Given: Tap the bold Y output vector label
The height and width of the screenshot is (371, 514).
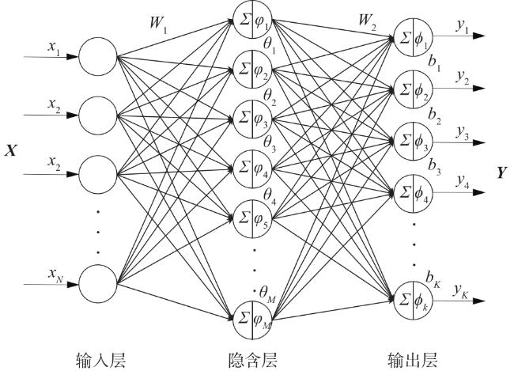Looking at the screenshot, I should (x=501, y=172).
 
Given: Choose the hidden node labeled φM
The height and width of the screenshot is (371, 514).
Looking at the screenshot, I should (x=254, y=319).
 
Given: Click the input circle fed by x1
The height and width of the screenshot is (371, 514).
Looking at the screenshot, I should (x=97, y=57).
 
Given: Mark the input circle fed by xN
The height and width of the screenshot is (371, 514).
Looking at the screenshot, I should (x=97, y=282).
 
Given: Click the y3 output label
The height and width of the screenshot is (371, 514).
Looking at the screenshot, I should (x=460, y=136).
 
